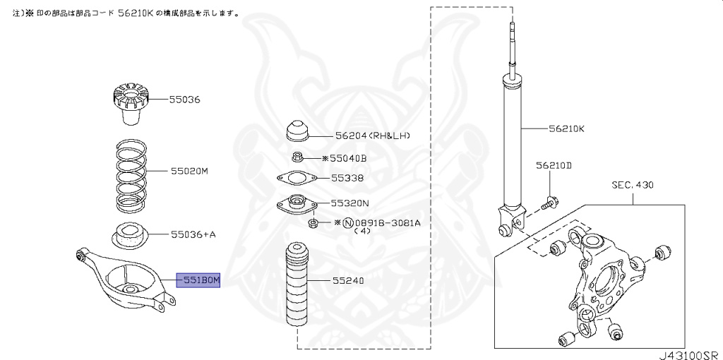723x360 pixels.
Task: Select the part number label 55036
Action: coord(184,100)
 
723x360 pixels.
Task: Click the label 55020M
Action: coord(189,172)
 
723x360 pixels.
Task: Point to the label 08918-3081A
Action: coord(386,222)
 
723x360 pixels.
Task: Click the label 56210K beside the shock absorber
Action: coord(567,129)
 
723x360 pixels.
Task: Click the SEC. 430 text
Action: coord(633,185)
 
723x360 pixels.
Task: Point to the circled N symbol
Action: coord(347,222)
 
